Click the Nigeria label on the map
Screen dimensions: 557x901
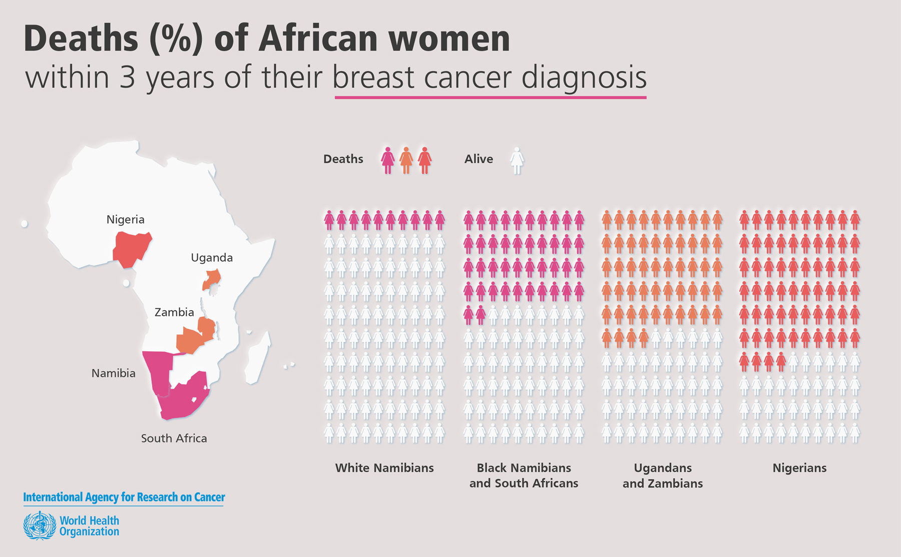coord(125,219)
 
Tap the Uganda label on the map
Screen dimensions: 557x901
coord(212,258)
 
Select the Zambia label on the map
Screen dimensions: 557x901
coord(174,312)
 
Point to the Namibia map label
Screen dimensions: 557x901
coord(113,373)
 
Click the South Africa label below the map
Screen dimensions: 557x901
coord(174,438)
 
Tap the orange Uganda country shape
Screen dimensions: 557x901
coord(212,279)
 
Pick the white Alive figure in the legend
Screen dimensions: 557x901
coord(517,160)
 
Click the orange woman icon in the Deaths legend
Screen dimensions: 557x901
coord(406,160)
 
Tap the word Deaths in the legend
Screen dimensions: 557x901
coord(343,159)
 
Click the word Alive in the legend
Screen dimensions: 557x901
coord(479,159)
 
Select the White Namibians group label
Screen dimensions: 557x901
coord(384,468)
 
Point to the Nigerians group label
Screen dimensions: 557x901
coord(799,468)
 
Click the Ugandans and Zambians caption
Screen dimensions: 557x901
coord(662,475)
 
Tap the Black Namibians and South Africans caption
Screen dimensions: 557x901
coord(524,475)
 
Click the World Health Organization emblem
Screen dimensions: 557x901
coord(40,525)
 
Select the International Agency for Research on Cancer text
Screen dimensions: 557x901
coord(124,497)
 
